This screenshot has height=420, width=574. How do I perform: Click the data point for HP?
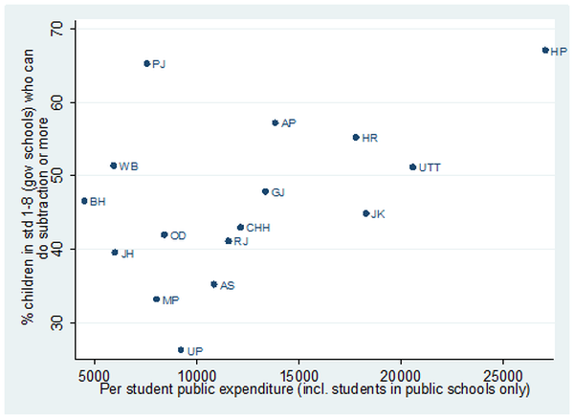[x=545, y=50]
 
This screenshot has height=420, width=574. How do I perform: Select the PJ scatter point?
[x=146, y=63]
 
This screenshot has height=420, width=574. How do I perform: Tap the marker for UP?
[x=181, y=350]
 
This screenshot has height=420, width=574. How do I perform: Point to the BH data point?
[x=84, y=201]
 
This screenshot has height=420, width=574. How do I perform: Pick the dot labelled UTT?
[x=412, y=166]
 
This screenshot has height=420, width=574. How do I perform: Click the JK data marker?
[x=365, y=213]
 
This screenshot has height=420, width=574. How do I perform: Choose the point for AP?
[x=275, y=122]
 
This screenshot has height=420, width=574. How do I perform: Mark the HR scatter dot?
[x=356, y=137]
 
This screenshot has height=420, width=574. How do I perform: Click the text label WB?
[x=129, y=166]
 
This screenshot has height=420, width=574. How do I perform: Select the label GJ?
[x=278, y=192]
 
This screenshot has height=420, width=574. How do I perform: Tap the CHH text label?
[x=258, y=228]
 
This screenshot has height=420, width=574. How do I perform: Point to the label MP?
[x=170, y=300]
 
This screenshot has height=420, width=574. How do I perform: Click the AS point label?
[x=228, y=285]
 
